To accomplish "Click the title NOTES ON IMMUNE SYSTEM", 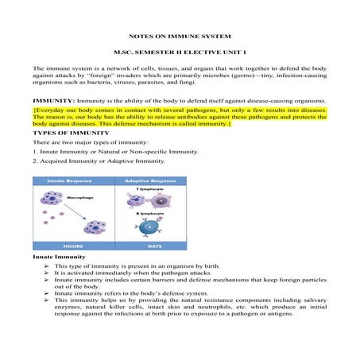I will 180,37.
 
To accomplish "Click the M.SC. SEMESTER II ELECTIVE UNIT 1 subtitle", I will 180,54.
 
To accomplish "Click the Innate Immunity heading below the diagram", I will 56,281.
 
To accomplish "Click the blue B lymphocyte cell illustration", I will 145,239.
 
